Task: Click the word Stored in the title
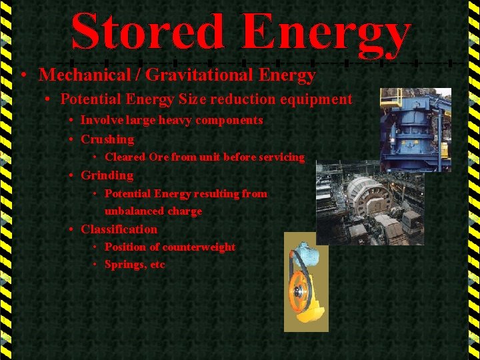point(147,32)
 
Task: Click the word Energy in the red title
point(326,33)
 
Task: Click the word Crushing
point(107,139)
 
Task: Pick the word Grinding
point(107,175)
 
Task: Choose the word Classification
point(119,229)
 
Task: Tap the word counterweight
point(199,247)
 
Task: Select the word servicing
point(282,157)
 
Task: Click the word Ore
point(159,157)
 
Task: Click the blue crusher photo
point(415,129)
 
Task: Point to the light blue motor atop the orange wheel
point(307,255)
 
